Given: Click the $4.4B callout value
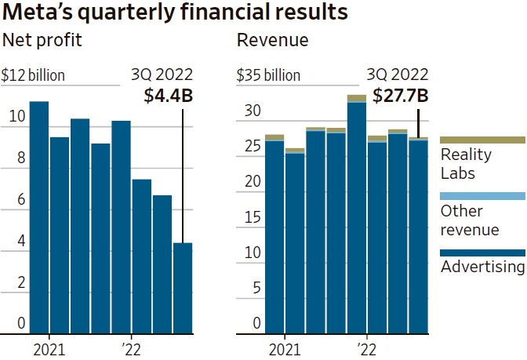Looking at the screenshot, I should (x=169, y=96).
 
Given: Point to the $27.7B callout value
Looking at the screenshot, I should (x=401, y=96).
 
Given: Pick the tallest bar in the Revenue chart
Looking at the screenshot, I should (x=357, y=216).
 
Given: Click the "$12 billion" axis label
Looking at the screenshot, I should (x=33, y=76).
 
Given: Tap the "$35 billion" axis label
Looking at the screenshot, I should (x=269, y=76).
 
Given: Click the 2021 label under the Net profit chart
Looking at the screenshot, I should (x=50, y=347).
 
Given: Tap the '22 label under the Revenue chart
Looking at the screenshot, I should (x=362, y=347).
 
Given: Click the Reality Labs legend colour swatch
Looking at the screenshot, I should (x=482, y=139).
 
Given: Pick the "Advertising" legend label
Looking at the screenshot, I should (x=482, y=267).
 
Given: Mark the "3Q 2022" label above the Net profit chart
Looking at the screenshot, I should (x=162, y=76).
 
